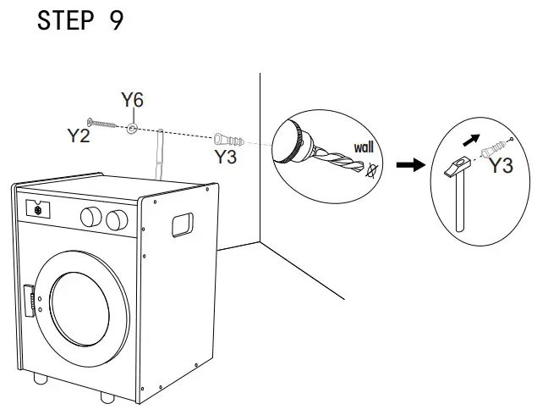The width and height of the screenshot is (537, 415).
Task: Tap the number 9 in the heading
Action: coord(117,21)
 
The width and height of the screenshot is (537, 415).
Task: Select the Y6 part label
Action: coord(132,101)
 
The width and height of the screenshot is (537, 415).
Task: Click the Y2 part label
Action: coord(79,136)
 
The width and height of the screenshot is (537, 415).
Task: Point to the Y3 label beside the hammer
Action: coord(502,165)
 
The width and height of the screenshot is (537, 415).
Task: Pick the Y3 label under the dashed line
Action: coord(225,157)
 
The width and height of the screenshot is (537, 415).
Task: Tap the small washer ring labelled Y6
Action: coord(132,129)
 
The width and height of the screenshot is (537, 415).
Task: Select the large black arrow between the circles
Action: coord(411,165)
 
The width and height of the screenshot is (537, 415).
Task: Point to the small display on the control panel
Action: coord(37,207)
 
